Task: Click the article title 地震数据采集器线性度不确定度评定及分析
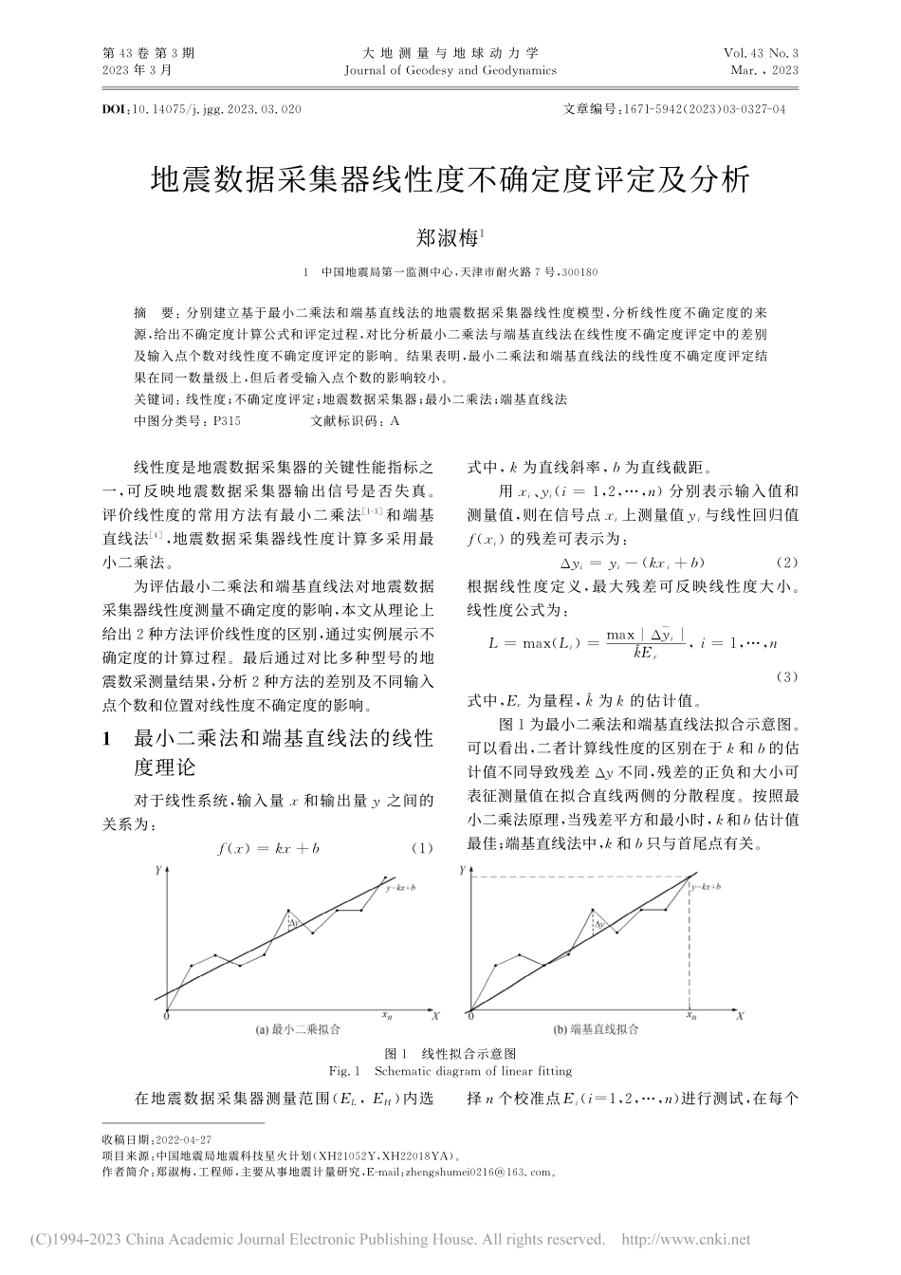click(x=450, y=180)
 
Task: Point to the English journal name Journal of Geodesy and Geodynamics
click(x=450, y=71)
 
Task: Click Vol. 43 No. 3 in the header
click(x=762, y=54)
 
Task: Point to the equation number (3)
click(x=787, y=676)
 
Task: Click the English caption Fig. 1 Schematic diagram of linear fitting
click(x=450, y=1071)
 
